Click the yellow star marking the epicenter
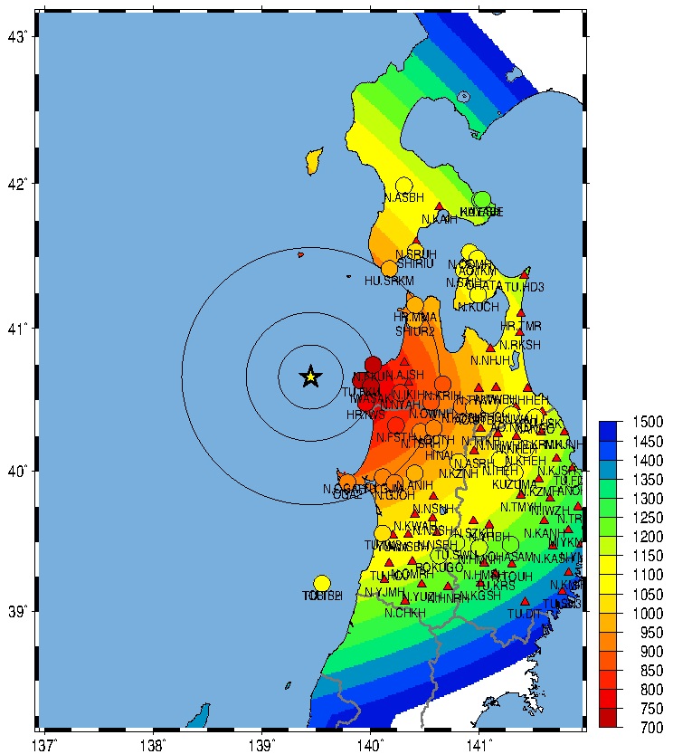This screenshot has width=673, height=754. click(310, 377)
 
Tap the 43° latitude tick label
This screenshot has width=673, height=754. click(18, 37)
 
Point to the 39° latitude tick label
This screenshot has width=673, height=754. click(18, 613)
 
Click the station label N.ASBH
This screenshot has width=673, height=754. click(403, 197)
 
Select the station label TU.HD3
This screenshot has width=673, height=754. click(525, 288)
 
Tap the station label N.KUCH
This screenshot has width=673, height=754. click(479, 308)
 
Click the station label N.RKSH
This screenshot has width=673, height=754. click(519, 345)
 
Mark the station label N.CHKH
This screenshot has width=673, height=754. click(404, 613)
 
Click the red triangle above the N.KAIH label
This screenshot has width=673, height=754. click(440, 207)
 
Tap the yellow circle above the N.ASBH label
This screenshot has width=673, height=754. click(404, 185)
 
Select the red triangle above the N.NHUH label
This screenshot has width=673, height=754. click(490, 348)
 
